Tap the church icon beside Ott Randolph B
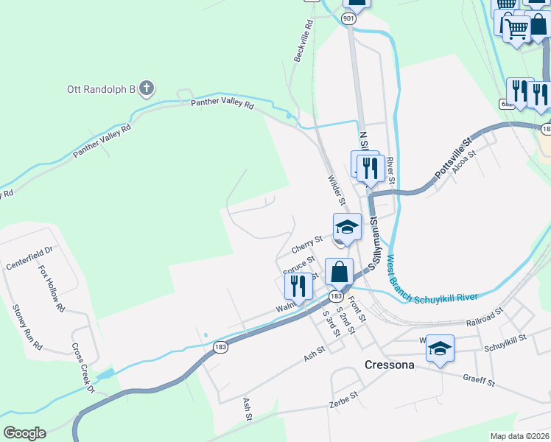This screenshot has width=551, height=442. pos(147,90)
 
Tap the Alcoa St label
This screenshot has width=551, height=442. pos(466,164)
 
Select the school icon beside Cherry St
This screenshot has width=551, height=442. pos(347,228)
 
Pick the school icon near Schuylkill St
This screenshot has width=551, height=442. pos(440,348)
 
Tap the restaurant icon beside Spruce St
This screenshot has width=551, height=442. pos(298,284)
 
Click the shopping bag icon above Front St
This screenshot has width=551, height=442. pos(339,273)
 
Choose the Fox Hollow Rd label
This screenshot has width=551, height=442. pos(52,289)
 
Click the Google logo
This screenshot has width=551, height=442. pos(24,433)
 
